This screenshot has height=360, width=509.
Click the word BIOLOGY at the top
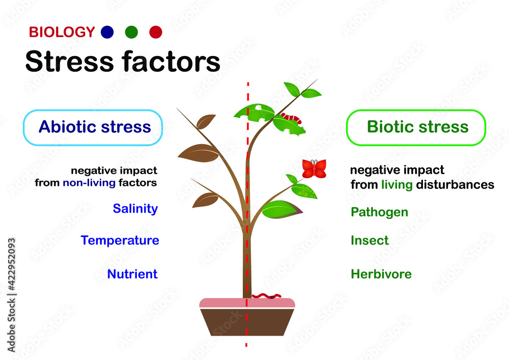tap(62, 33)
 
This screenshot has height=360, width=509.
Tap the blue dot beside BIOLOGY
tap(107, 32)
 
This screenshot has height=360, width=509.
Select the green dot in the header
tap(131, 32)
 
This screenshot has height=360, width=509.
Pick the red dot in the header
tap(156, 32)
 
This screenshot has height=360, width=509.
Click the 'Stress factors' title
tap(122, 62)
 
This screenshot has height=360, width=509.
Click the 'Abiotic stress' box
tap(93, 127)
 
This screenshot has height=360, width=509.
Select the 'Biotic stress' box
tap(416, 127)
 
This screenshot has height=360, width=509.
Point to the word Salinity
tap(135, 208)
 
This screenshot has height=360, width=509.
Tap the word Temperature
tap(120, 240)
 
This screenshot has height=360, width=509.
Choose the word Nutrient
tap(132, 274)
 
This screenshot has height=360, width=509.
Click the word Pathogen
tap(379, 212)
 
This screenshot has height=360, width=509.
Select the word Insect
tap(370, 240)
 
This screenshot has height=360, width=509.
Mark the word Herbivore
tap(381, 274)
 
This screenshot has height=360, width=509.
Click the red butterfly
tap(314, 169)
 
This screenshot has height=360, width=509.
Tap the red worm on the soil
tap(265, 295)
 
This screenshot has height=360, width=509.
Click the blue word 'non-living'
tap(89, 182)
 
